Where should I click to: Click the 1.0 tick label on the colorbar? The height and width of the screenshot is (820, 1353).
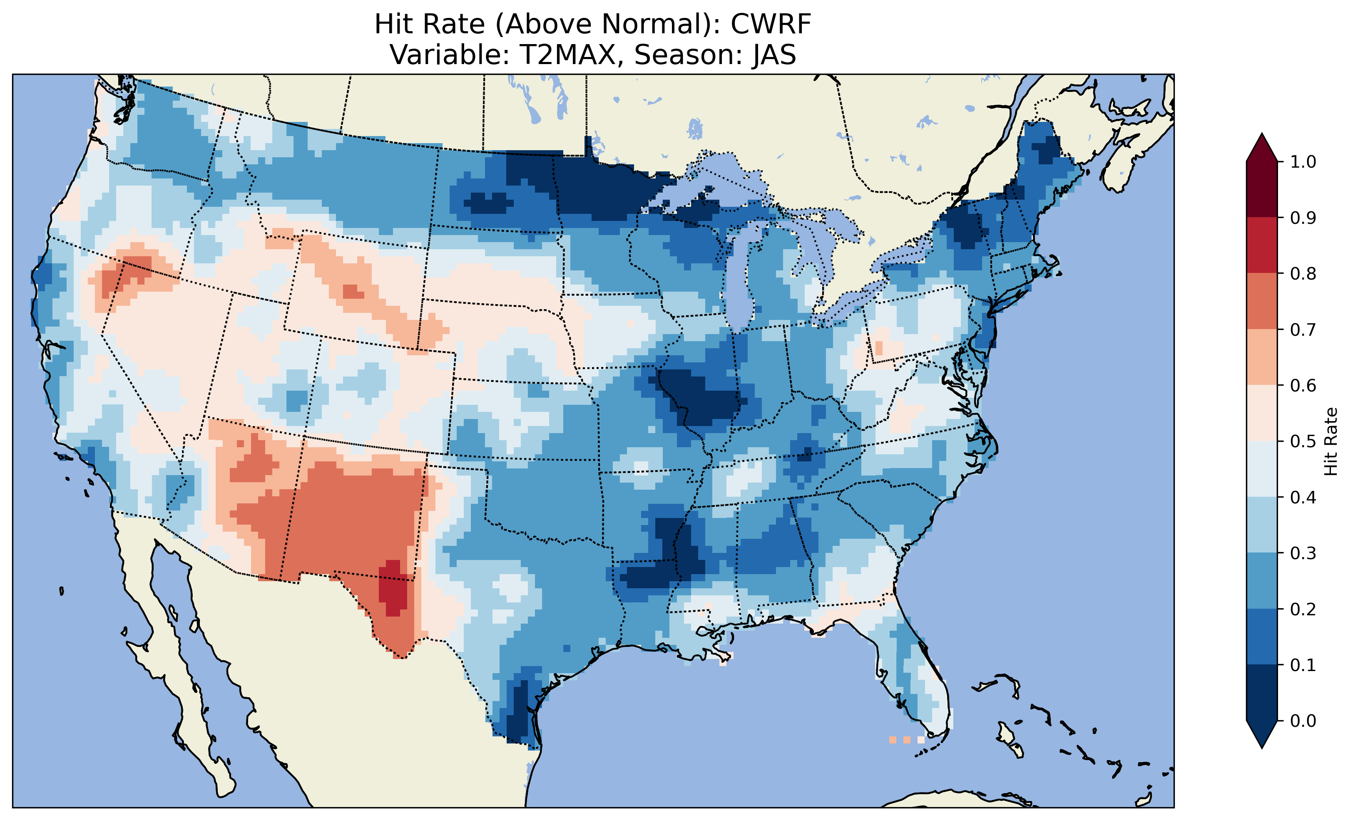(x=1303, y=162)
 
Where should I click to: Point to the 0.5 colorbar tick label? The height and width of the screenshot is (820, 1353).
(x=1303, y=441)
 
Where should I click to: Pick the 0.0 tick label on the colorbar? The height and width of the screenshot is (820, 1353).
(x=1303, y=721)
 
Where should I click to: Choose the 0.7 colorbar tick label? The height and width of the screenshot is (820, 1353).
(x=1303, y=330)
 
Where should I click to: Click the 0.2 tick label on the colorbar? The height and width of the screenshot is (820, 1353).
(x=1303, y=609)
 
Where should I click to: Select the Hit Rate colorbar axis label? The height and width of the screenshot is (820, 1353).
(x=1331, y=441)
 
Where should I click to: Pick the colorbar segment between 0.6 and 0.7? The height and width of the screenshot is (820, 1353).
(x=1261, y=357)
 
